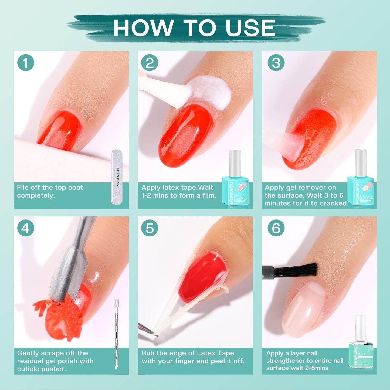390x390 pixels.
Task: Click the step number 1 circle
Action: pyautogui.click(x=26, y=63)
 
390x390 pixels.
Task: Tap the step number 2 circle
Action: pyautogui.click(x=150, y=63)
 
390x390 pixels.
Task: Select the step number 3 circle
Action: pyautogui.click(x=276, y=63)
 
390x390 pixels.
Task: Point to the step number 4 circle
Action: pyautogui.click(x=26, y=228)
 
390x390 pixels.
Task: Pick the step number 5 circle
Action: pyautogui.click(x=150, y=228)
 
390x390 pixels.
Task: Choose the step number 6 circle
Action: pyautogui.click(x=276, y=228)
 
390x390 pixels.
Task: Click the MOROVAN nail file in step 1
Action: pyautogui.click(x=117, y=177)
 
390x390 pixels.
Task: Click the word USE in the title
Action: pyautogui.click(x=250, y=28)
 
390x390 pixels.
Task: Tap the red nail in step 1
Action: pyautogui.click(x=61, y=130)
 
